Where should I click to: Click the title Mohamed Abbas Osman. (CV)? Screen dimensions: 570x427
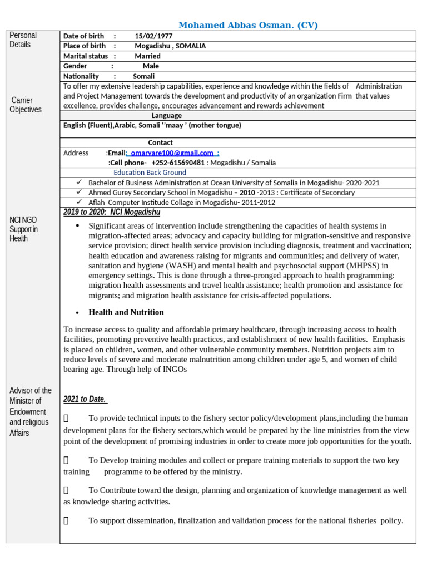(x=248, y=25)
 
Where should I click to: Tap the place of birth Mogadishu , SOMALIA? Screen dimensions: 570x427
(x=170, y=46)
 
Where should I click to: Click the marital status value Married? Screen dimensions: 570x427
(x=147, y=56)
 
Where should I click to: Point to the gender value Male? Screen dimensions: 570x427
(x=151, y=66)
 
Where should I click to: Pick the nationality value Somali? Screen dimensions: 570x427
(x=144, y=76)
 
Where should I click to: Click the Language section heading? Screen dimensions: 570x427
(x=166, y=116)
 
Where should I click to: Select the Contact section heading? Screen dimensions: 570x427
(x=160, y=142)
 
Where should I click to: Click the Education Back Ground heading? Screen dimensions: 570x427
(x=150, y=173)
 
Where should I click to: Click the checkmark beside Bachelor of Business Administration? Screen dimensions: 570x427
(x=79, y=183)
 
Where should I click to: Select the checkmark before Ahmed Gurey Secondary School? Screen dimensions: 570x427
(x=79, y=193)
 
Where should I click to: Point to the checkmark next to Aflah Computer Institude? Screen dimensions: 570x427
(x=79, y=202)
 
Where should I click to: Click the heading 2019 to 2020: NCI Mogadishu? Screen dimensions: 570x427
(x=112, y=212)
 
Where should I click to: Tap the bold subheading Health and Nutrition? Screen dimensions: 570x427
(x=126, y=312)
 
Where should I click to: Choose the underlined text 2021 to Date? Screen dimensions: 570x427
(x=85, y=399)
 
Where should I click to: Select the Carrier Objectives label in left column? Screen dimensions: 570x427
(x=26, y=105)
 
